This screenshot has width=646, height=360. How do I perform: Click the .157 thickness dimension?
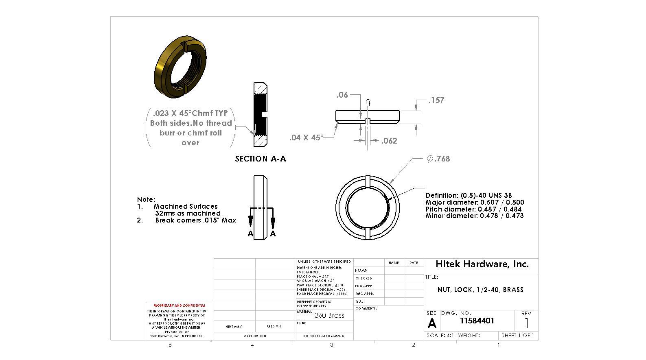coord(436,100)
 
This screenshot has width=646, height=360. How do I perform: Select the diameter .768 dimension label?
coord(438,159)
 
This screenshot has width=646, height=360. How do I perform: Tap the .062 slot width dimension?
coord(389,141)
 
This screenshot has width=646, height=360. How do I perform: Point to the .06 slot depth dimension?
coord(342,95)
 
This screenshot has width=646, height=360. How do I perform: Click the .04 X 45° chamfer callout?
coord(306,137)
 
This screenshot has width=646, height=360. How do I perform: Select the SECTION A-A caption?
coord(261,159)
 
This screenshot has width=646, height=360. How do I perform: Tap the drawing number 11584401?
coord(477,321)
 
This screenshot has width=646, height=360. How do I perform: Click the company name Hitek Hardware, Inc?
coord(482,264)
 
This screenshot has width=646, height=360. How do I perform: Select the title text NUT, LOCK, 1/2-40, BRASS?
coord(480,290)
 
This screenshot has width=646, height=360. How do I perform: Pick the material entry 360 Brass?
coord(329,315)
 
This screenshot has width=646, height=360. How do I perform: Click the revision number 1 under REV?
coord(527,323)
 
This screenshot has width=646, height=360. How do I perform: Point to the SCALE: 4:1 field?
coord(440,336)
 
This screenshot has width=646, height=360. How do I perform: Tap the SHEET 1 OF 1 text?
coord(518,336)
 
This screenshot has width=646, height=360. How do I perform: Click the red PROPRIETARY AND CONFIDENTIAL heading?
coord(179,305)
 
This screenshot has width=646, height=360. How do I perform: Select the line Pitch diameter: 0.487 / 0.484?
coord(473,209)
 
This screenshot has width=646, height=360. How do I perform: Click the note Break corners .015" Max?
coord(195,220)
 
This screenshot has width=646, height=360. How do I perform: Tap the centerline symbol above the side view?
coord(368,102)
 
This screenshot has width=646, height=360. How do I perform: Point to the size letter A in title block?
coord(432,323)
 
